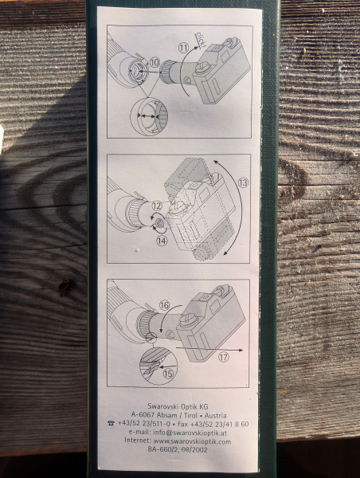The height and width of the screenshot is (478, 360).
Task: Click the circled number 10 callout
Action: (155, 63)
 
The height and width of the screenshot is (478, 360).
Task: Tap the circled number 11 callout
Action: (183, 48)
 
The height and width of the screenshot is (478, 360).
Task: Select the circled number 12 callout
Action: (157, 206)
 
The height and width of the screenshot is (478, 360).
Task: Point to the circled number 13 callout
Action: (243, 182)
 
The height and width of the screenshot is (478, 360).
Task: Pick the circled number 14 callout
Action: (162, 241)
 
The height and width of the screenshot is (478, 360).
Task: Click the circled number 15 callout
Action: (168, 374)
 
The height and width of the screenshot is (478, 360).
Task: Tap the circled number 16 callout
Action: (164, 305)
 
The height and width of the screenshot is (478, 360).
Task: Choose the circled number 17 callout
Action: (224, 357)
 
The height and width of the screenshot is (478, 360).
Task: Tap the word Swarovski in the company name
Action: (163, 406)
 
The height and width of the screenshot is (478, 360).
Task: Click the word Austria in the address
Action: (216, 416)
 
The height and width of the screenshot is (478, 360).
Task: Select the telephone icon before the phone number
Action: (111, 424)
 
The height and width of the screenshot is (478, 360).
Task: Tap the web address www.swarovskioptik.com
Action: (192, 441)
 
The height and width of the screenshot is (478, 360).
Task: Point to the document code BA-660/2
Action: (161, 449)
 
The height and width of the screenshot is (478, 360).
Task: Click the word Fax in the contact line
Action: (182, 424)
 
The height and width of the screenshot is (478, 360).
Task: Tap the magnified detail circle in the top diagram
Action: (149, 116)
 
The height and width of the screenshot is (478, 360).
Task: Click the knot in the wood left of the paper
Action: (65, 287)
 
